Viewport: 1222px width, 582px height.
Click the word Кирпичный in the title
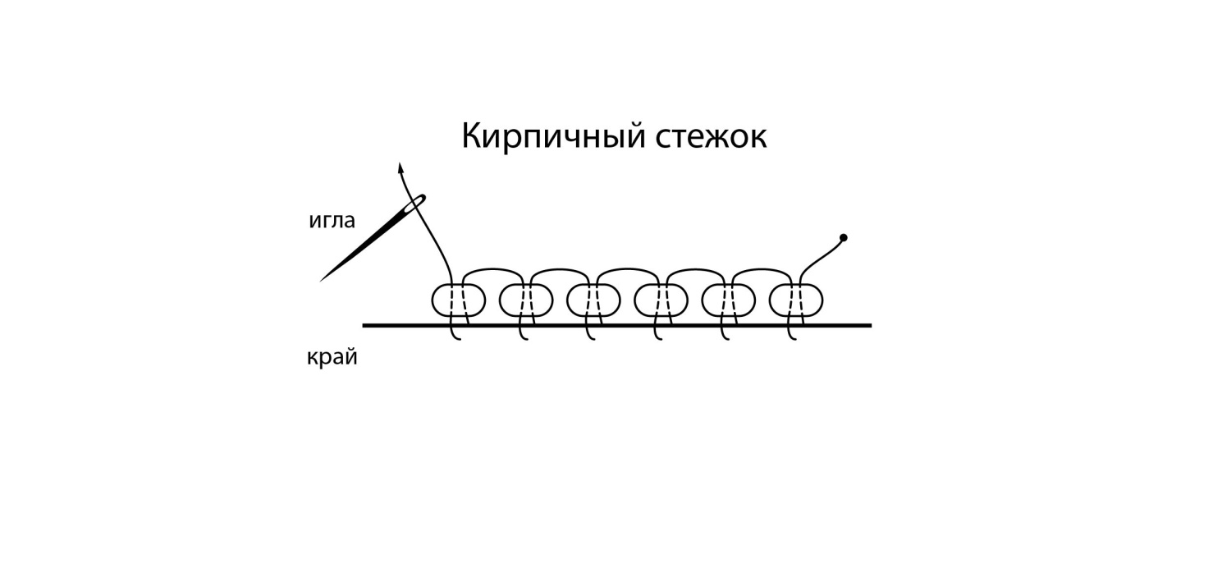coord(552,136)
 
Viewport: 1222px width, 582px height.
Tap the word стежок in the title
coord(711,136)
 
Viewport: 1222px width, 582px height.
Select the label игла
coord(332,220)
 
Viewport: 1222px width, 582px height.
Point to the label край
coord(332,358)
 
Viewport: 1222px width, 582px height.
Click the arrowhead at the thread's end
coord(400,167)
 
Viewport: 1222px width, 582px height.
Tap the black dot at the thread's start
coord(843,238)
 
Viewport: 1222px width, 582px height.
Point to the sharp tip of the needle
coord(322,281)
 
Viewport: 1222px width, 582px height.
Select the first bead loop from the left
coord(458,300)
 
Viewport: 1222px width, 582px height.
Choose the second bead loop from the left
coord(525,300)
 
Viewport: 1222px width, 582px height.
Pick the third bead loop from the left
coord(593,300)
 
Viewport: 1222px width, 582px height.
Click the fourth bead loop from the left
coord(661,300)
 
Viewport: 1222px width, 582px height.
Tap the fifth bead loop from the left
coord(729,300)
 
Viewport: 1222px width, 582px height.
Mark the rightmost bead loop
coord(796,300)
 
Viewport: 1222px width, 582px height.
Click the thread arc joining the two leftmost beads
coord(492,269)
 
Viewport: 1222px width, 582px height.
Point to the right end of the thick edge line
coord(868,325)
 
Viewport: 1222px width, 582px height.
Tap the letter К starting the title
coord(471,135)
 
